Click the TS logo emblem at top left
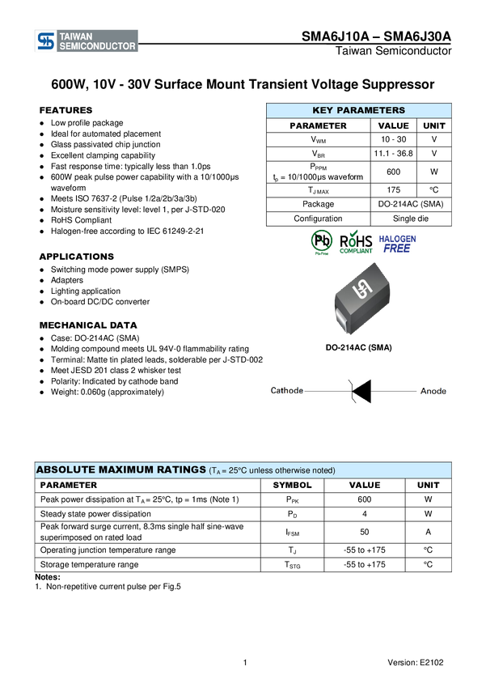coord(46,41)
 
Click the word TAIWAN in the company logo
coord(77,36)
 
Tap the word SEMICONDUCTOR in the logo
coord(97,47)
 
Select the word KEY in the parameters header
coord(323,110)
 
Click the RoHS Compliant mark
coord(357,243)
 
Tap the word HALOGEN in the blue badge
coord(397,240)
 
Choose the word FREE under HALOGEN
coord(397,249)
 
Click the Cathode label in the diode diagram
coord(287,391)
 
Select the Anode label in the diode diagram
coord(433,391)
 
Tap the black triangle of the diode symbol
coord(361,391)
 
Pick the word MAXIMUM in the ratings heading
coord(129,470)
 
